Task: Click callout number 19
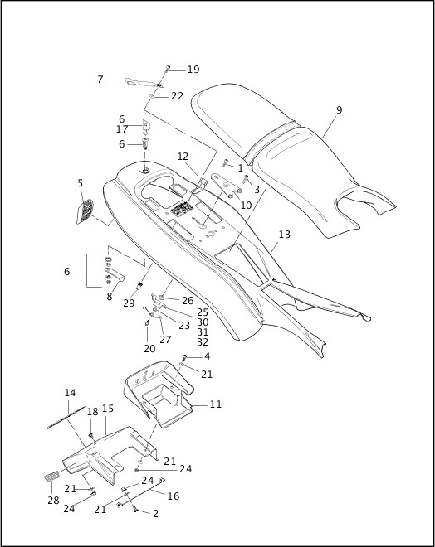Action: point(193,70)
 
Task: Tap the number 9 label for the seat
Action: point(339,110)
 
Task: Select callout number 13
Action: point(285,234)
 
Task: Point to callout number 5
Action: point(81,183)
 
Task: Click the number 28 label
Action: point(53,501)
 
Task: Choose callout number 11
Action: point(216,404)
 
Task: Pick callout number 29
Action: point(129,303)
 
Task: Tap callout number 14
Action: point(70,393)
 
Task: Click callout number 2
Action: point(155,513)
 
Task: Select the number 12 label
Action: point(183,157)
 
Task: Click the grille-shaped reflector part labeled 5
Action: point(85,211)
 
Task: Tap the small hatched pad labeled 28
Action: point(53,477)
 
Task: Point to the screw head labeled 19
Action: point(168,67)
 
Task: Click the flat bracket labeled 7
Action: point(141,82)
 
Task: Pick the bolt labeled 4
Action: point(184,357)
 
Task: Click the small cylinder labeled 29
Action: point(139,287)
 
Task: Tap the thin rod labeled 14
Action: point(66,417)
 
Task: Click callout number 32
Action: point(203,341)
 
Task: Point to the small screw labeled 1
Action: point(226,162)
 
